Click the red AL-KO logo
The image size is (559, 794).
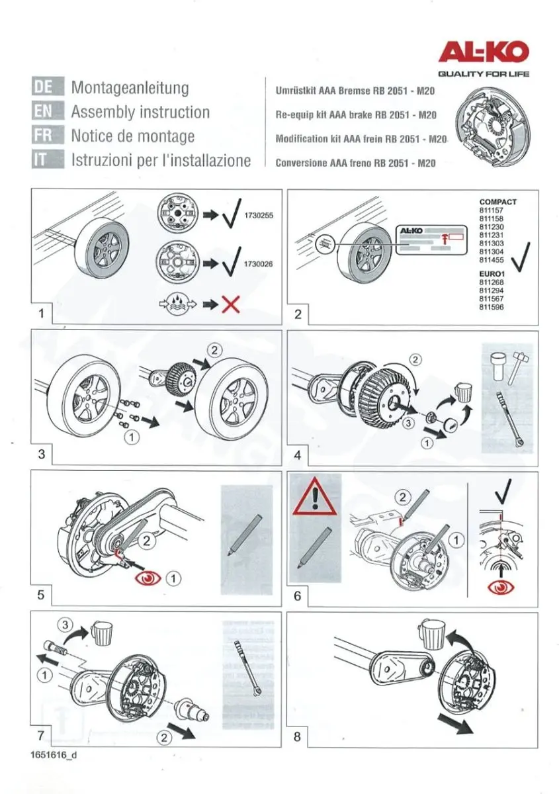coord(484,53)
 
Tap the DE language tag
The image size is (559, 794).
coord(48,86)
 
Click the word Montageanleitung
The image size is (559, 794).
coord(130,87)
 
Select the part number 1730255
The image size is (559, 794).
coord(259,215)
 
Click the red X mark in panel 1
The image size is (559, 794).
coord(231,304)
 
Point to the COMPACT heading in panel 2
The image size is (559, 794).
coord(497,202)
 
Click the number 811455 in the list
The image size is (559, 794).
coord(492,260)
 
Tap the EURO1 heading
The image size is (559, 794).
coord(492,274)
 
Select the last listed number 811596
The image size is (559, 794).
coord(492,307)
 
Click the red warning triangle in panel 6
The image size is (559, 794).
coord(314,496)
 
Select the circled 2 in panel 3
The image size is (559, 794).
coord(214,351)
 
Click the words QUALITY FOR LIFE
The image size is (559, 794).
coord(484,73)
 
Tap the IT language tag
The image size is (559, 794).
coord(48,159)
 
